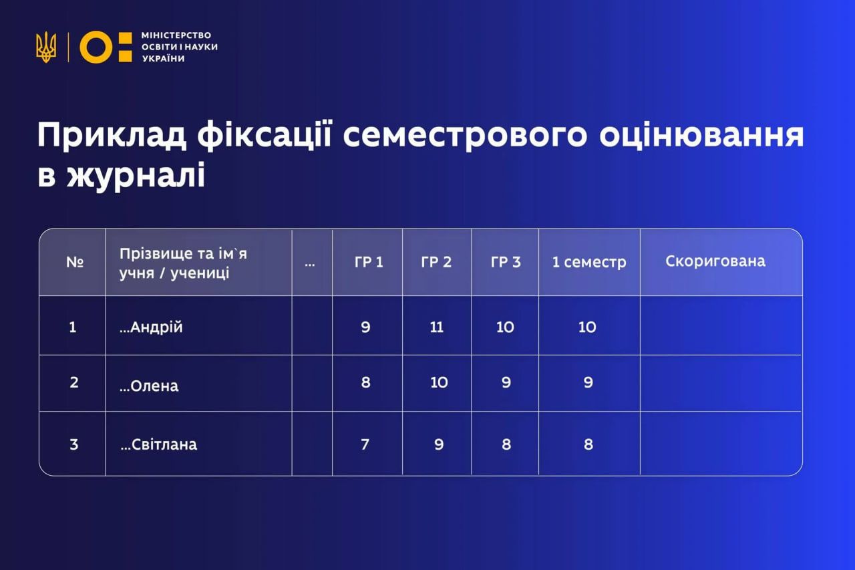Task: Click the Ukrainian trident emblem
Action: [46, 47]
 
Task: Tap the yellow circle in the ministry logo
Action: [94, 47]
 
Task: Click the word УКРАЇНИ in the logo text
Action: [164, 59]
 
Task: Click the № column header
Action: [74, 261]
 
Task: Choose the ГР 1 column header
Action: [369, 262]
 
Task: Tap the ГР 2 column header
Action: [436, 262]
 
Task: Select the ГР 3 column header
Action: [506, 262]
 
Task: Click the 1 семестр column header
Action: [589, 262]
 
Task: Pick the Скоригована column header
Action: [715, 261]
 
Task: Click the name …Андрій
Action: [151, 327]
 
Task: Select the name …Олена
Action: [149, 386]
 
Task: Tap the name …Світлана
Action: [158, 444]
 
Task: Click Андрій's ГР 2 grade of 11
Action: [436, 327]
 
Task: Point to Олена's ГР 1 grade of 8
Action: [365, 383]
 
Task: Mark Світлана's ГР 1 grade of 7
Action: [365, 444]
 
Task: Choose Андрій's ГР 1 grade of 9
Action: [365, 327]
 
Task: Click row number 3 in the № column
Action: [73, 444]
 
